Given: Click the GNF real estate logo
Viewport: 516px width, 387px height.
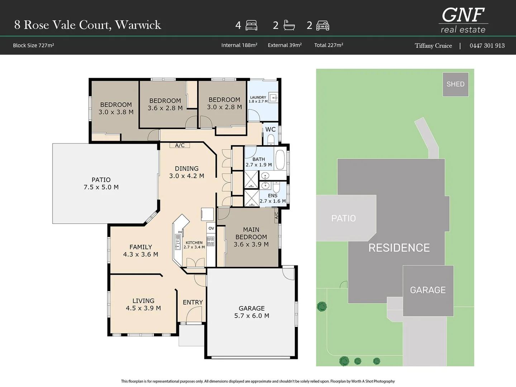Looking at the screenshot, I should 463,20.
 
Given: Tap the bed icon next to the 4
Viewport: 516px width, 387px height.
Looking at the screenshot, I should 252,25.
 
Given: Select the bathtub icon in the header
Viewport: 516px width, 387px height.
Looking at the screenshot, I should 289,25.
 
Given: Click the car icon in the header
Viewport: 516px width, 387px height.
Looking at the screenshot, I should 323,25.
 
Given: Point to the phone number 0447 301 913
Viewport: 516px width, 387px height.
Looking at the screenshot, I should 487,46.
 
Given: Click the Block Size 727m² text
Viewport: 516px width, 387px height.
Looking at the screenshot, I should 33,46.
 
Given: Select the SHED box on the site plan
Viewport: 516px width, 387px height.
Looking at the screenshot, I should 455,84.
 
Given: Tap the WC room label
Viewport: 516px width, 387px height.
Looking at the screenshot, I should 271,129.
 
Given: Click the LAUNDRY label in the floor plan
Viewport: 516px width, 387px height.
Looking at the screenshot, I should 258,97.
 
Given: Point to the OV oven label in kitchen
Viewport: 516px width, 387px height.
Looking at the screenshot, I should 211,228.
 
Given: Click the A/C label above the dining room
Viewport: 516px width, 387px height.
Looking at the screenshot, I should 180,145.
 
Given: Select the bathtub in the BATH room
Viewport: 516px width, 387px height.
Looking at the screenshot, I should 279,160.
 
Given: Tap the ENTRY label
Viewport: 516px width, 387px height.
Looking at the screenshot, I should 193,302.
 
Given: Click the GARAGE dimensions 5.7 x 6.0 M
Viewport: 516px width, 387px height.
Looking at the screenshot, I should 252,316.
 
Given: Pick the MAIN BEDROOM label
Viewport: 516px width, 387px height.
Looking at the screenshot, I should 251,233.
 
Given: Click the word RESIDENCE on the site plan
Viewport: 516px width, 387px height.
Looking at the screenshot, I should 399,248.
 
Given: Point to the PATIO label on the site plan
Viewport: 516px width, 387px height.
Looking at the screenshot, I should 343,218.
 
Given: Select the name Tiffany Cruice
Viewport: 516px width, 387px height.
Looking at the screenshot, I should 433,46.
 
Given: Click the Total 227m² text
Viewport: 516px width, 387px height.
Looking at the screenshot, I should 329,45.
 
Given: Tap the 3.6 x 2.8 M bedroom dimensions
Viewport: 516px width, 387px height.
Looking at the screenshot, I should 165,108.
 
